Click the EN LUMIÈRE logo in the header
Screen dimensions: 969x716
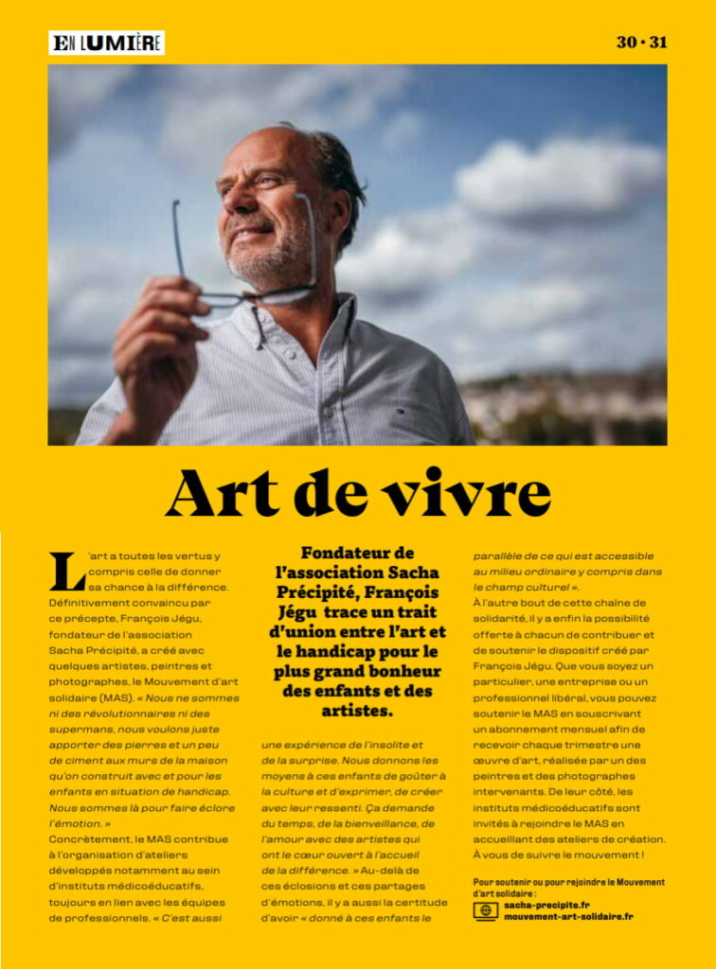tap(106, 43)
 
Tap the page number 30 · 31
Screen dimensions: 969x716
tap(641, 43)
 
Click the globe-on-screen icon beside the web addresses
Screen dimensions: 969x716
tap(485, 911)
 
